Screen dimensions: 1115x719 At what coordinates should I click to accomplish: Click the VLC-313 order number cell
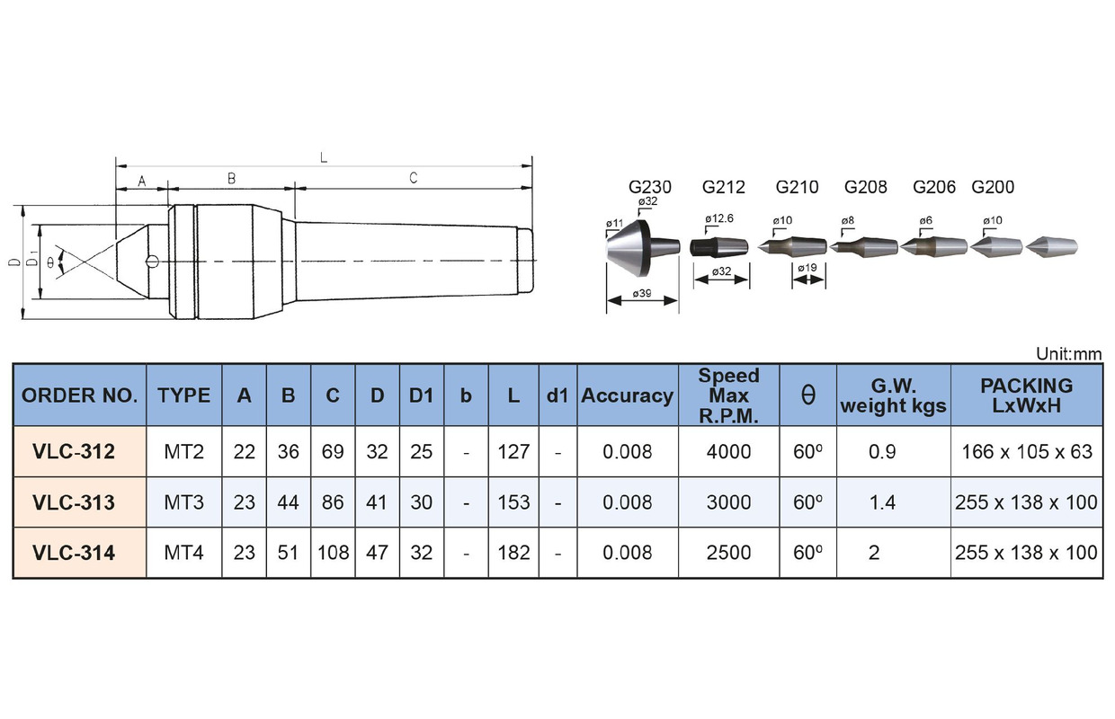tap(74, 502)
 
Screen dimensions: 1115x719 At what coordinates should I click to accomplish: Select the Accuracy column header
tap(628, 396)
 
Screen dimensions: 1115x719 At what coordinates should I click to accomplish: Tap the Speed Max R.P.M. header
tap(728, 395)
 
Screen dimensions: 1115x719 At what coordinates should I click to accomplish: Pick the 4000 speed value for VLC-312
tap(728, 452)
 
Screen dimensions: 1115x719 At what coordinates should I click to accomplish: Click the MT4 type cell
tap(183, 553)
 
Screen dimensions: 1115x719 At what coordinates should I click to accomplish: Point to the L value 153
tap(513, 502)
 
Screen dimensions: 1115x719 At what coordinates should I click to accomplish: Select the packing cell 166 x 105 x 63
tap(1027, 452)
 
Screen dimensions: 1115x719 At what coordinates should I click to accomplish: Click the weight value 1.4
tap(882, 502)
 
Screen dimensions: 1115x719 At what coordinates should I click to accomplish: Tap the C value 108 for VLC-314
tap(333, 553)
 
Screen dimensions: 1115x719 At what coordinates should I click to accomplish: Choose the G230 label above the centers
tap(649, 187)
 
